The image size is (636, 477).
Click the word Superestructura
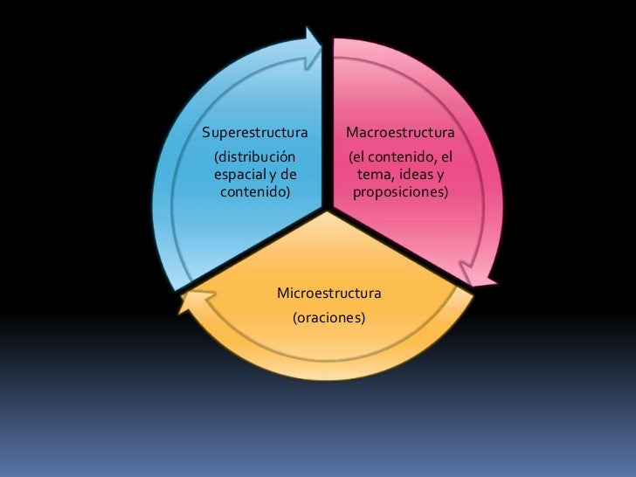[x=254, y=134]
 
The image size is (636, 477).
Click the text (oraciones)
[x=328, y=319]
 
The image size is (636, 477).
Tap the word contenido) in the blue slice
[x=255, y=190]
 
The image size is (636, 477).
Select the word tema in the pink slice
[x=377, y=174]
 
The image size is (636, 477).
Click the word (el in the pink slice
[x=358, y=157]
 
